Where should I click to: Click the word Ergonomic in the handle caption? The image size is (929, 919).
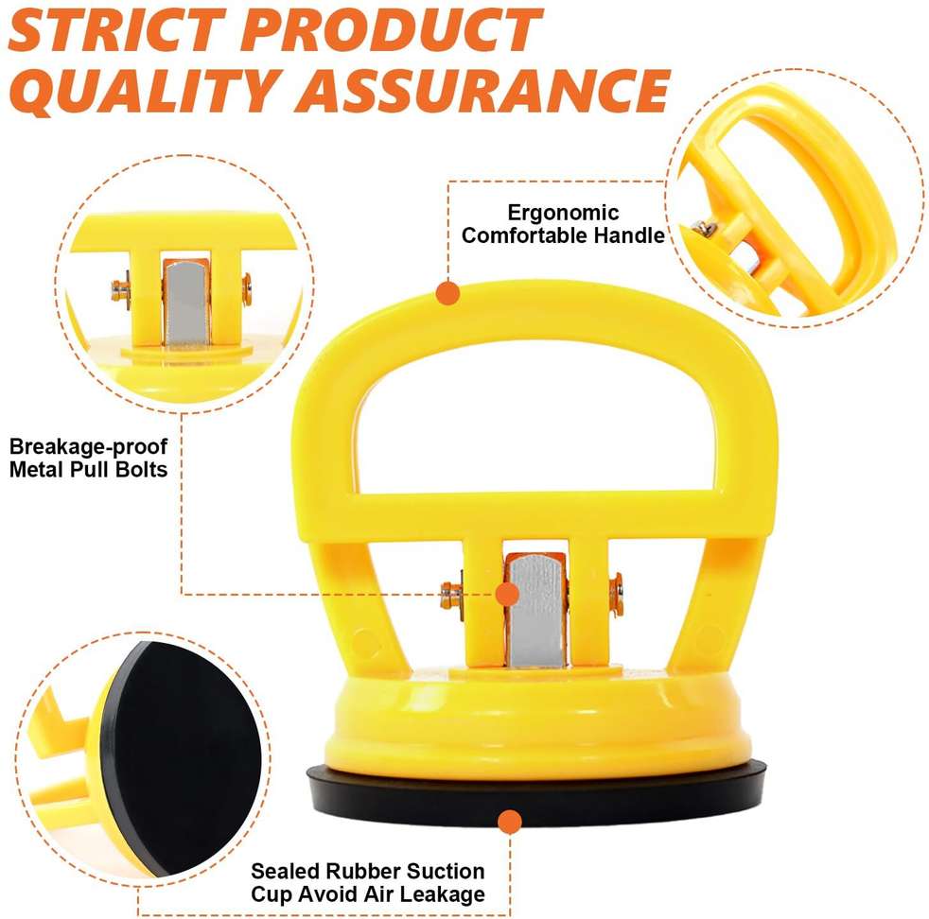coord(563,213)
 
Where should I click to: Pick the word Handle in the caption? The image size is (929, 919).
coord(629,235)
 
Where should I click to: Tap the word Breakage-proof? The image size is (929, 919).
coord(89,446)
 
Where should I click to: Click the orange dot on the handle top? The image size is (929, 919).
coord(447,293)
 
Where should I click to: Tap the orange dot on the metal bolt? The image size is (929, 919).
coord(507,594)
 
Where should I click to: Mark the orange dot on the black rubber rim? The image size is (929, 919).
coord(510,822)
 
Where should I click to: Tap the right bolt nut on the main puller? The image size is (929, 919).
coord(616,594)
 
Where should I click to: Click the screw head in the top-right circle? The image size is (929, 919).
coord(704,227)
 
